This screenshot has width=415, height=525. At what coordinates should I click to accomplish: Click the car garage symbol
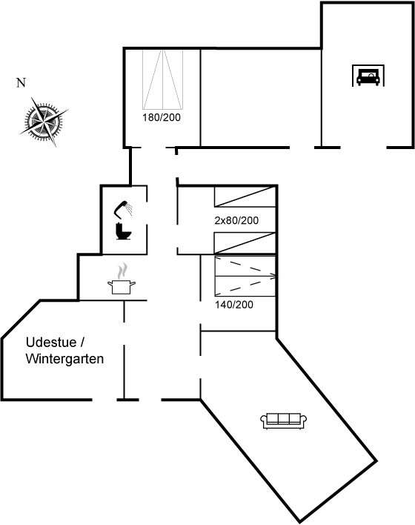[x=368, y=76]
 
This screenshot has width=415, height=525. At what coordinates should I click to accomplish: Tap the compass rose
[x=44, y=122]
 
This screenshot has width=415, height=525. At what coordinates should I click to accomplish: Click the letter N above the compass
[x=21, y=82]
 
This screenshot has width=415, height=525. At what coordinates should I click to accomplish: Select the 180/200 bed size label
[x=162, y=117]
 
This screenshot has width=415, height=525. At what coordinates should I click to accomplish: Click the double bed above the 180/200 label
[x=162, y=79]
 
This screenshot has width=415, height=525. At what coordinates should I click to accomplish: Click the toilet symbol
[x=123, y=231]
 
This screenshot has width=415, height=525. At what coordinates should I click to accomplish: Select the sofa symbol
[x=284, y=421]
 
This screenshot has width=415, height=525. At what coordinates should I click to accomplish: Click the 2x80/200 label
[x=236, y=220]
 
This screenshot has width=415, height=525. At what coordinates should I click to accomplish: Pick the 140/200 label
[x=234, y=305]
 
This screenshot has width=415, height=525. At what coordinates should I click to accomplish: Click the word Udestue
[x=51, y=342]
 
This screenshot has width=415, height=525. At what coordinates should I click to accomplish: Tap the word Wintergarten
[x=64, y=359]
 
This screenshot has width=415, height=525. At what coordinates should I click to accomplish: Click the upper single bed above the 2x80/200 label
[x=245, y=197]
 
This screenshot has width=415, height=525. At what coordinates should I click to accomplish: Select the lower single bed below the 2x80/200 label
[x=245, y=242]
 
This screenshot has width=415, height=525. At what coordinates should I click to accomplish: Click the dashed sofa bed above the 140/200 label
[x=245, y=277]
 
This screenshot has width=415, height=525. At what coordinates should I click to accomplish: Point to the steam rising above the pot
[x=123, y=271]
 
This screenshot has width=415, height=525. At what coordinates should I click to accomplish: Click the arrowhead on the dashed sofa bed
[x=273, y=277]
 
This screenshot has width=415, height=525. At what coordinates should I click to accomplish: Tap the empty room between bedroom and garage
[x=261, y=98]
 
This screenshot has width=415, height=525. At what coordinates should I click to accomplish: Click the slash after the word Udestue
[x=82, y=342]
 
